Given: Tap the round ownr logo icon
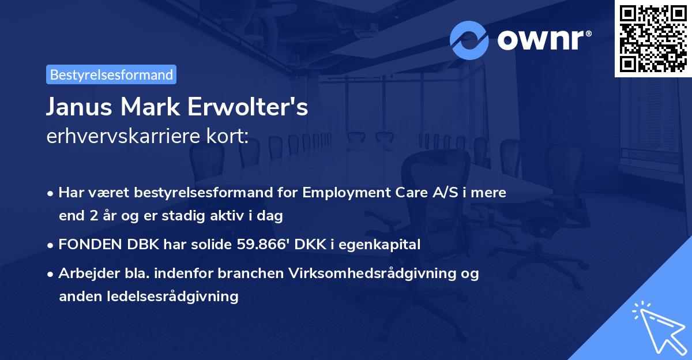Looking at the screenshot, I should click(469, 40).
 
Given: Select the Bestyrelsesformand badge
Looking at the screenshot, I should click(111, 74).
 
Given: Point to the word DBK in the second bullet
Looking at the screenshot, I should click(134, 245).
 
